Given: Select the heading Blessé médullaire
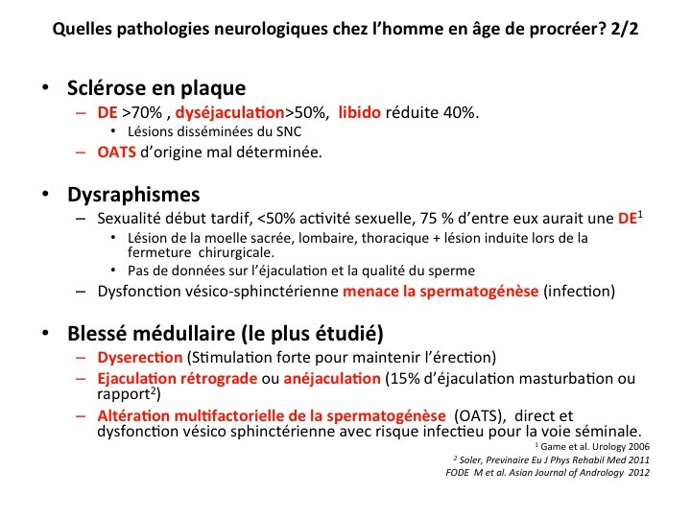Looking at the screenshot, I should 226,334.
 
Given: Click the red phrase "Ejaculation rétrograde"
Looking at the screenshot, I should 180,378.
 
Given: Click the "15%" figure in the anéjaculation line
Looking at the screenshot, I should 402,378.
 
